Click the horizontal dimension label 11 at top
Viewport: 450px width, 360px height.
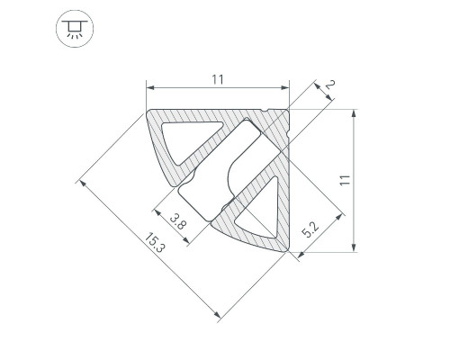click(x=218, y=79)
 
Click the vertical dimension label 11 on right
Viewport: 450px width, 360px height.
click(x=345, y=180)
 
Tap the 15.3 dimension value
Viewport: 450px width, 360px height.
click(x=155, y=242)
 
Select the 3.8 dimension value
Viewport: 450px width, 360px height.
click(x=178, y=220)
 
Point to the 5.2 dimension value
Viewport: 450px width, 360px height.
click(x=310, y=230)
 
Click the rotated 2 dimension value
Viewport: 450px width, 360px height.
click(x=329, y=85)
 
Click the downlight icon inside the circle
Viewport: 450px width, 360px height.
click(x=75, y=29)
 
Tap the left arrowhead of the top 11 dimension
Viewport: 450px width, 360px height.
click(x=150, y=87)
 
